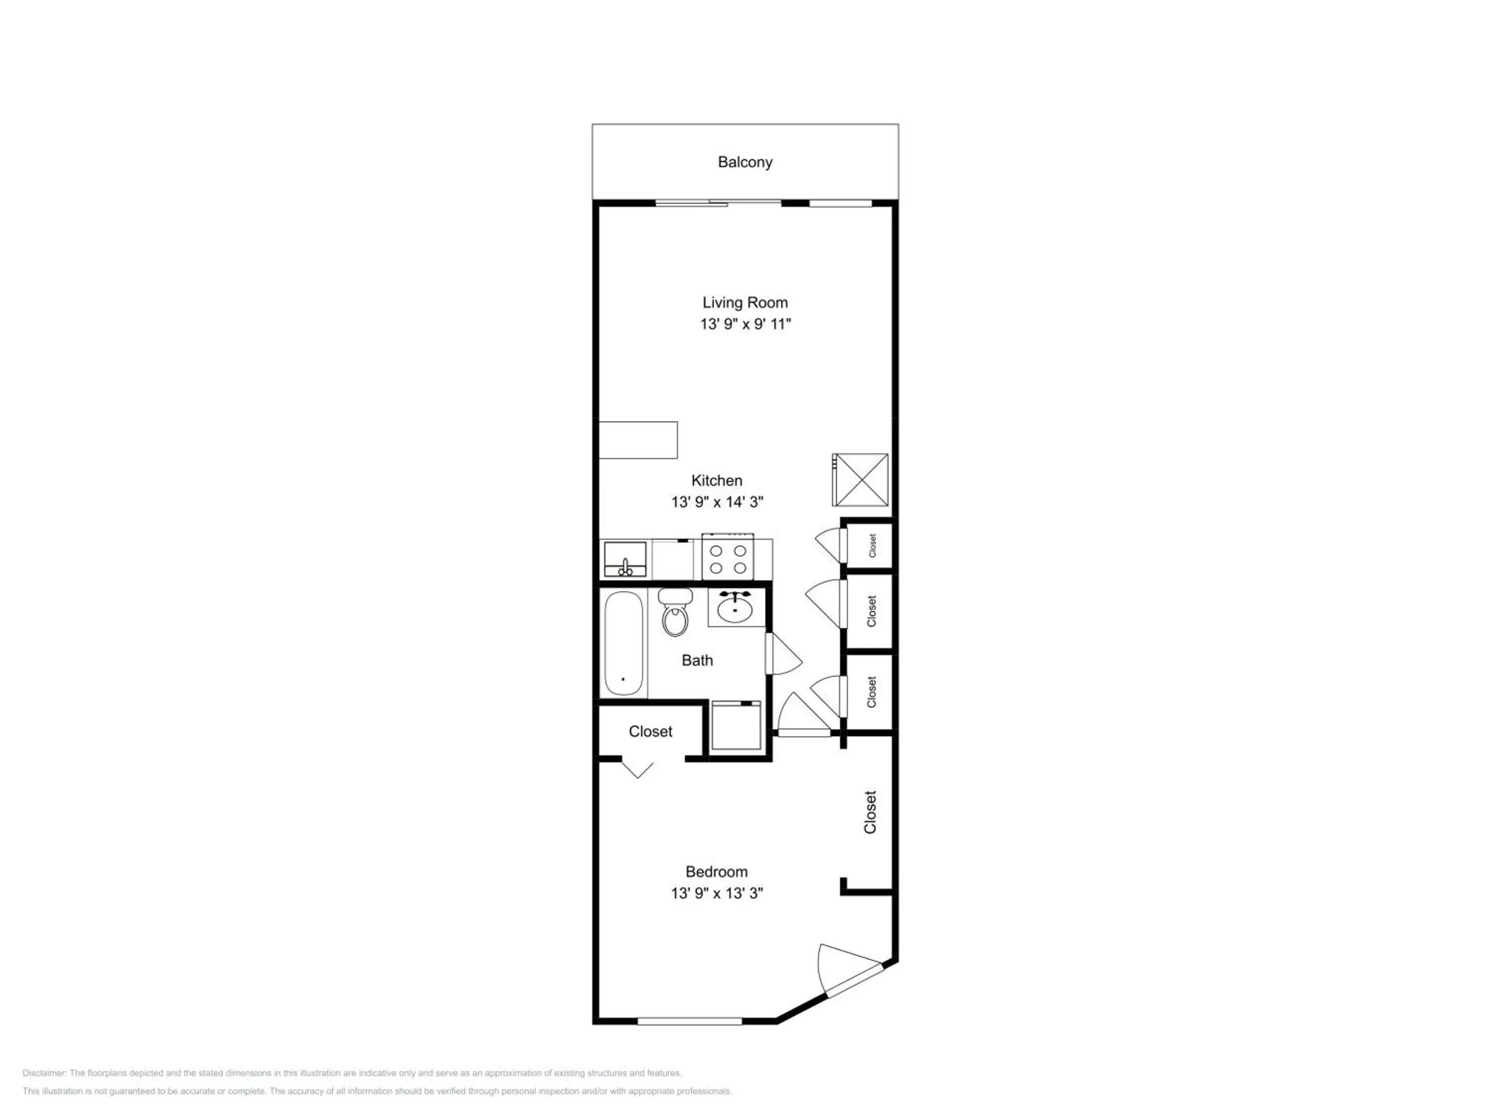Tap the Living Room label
(x=745, y=303)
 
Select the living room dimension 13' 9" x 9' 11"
(x=745, y=324)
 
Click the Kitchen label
(x=717, y=480)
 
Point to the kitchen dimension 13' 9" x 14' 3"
(x=717, y=502)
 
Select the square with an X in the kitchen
(x=860, y=479)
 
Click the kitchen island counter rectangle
(x=638, y=440)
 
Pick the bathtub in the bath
(x=624, y=643)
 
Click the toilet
(x=675, y=612)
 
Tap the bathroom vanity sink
(x=735, y=607)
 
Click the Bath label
(x=697, y=660)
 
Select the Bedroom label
(x=717, y=872)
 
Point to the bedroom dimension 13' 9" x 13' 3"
(x=717, y=893)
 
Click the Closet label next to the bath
(x=651, y=731)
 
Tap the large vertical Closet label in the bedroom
(x=870, y=812)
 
